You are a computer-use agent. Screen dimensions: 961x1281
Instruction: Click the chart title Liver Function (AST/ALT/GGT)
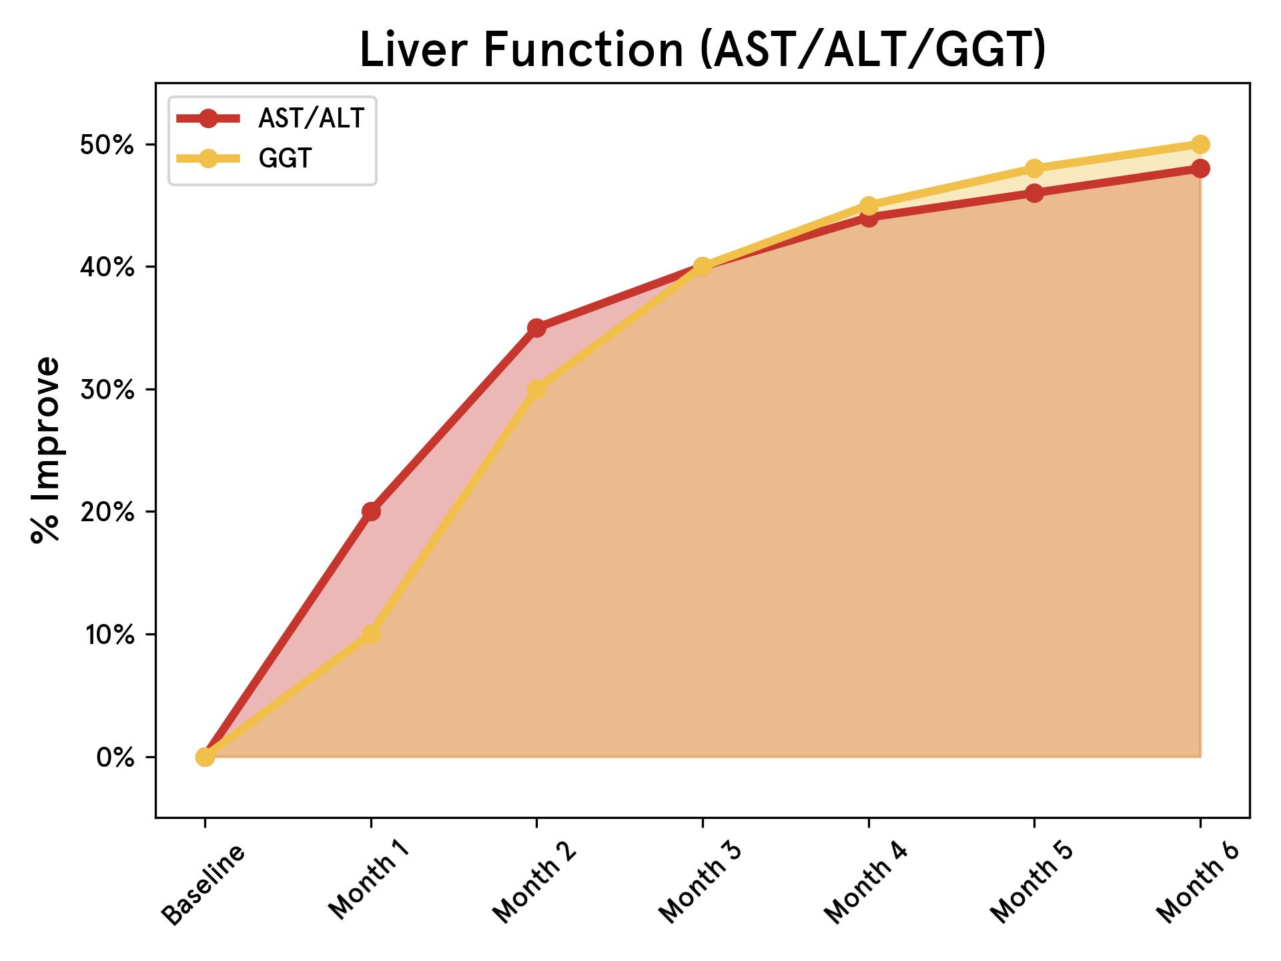[x=702, y=51]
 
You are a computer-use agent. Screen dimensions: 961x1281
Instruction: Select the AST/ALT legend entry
[x=311, y=119]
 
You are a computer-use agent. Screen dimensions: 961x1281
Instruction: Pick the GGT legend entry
[x=285, y=159]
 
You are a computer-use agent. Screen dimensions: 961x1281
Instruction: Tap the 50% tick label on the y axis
[x=107, y=145]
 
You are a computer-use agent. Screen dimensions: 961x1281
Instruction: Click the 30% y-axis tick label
[x=107, y=390]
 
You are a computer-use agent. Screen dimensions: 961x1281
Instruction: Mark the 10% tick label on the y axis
[x=107, y=635]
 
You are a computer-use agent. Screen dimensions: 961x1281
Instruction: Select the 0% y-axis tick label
[x=115, y=757]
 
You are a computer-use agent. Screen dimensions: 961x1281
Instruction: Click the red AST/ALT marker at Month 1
[x=371, y=512]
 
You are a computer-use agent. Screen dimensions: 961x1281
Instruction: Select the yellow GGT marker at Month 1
[x=371, y=634]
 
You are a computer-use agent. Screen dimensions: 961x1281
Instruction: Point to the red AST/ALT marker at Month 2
[x=536, y=328]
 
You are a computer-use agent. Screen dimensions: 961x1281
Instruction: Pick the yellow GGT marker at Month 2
[x=536, y=389]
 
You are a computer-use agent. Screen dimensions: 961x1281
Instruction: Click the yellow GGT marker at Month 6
[x=1200, y=144]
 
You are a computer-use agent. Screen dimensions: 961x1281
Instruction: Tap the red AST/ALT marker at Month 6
[x=1200, y=169]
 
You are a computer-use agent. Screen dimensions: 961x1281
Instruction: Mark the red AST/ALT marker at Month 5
[x=1034, y=194]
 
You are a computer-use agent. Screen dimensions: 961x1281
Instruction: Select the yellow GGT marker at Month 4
[x=869, y=205]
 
